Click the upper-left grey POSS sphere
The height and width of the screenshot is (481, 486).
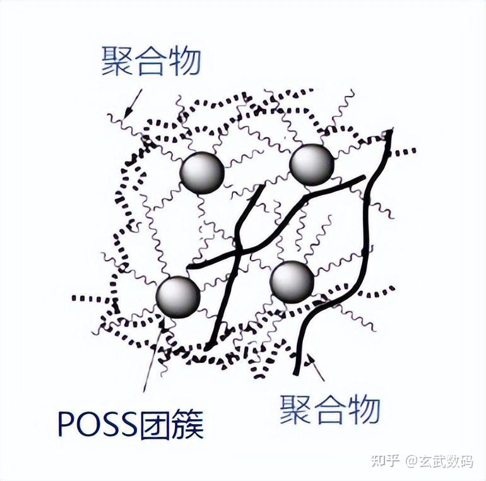[x=202, y=171]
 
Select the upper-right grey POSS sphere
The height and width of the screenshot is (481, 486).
[x=311, y=163]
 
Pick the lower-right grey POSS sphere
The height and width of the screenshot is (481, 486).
[x=292, y=282]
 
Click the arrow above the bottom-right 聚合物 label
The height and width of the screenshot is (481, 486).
[x=316, y=369]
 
